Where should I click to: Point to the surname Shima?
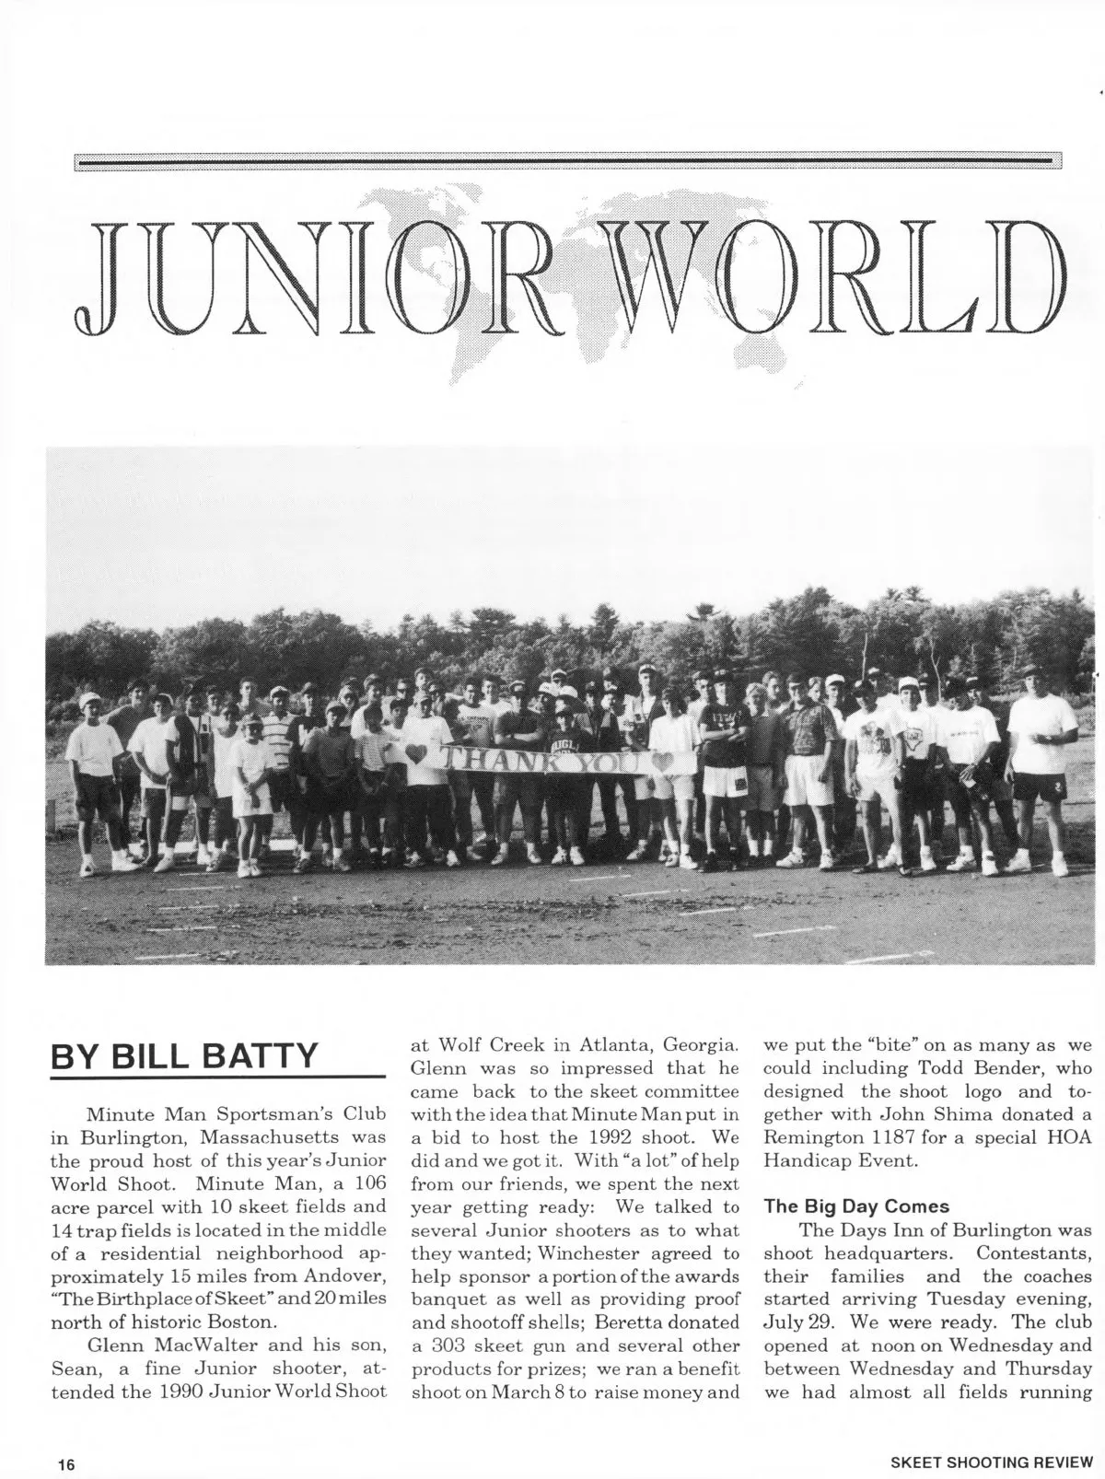pyautogui.click(x=937, y=1113)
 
